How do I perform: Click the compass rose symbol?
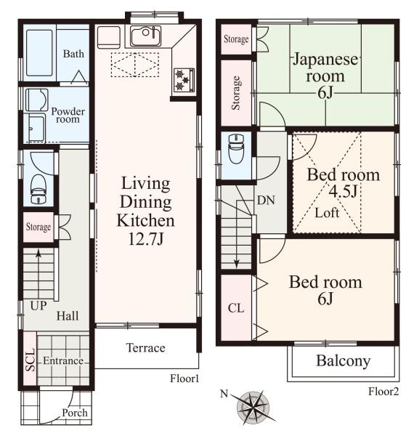(x=253, y=407)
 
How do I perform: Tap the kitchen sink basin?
(x=145, y=36)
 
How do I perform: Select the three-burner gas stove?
(x=184, y=79)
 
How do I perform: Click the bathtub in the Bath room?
(x=39, y=53)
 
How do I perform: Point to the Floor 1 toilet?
(x=38, y=189)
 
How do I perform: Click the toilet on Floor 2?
(x=236, y=148)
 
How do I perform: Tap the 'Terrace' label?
(x=145, y=348)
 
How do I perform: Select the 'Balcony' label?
(x=343, y=361)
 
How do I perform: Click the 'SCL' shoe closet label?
(x=30, y=360)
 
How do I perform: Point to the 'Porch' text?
(x=75, y=413)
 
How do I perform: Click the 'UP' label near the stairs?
(x=38, y=306)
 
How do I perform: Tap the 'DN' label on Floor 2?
(x=266, y=201)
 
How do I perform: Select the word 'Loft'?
(x=327, y=213)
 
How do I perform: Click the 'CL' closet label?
(x=236, y=308)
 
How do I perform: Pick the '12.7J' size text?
(x=146, y=239)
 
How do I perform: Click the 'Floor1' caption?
(x=184, y=379)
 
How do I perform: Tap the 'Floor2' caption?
(x=383, y=392)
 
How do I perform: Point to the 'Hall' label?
(x=68, y=316)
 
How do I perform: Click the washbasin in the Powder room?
(x=36, y=100)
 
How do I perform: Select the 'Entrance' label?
(x=63, y=360)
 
